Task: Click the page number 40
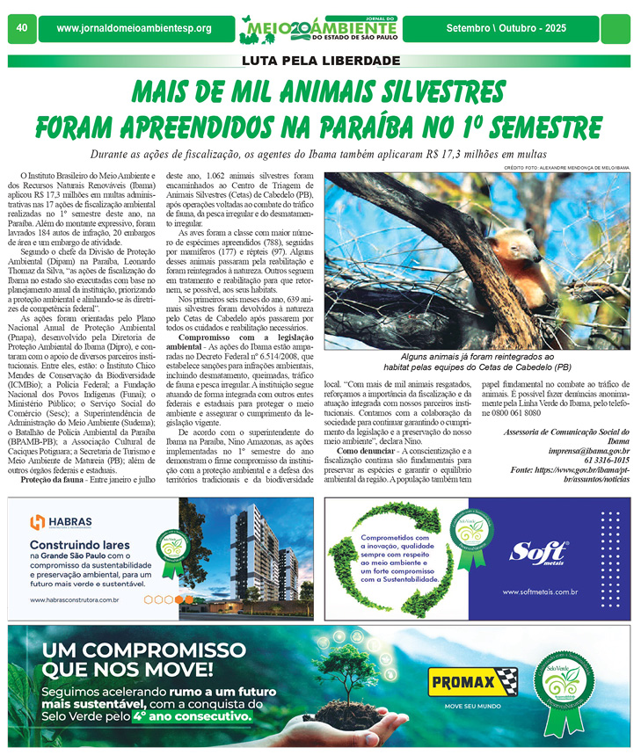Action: pos(21,28)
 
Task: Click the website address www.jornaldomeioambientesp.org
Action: pos(134,29)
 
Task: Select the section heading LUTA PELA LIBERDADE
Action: pos(321,61)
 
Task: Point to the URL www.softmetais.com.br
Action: pos(539,592)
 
